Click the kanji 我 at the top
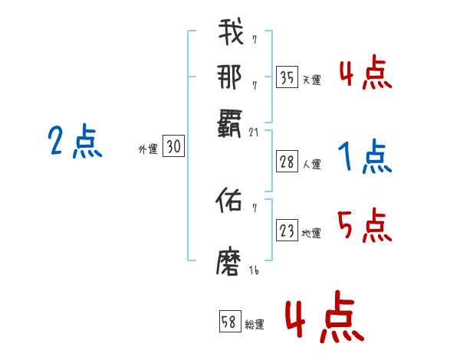[x=231, y=33]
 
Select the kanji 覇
[x=231, y=120]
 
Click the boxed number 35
[x=287, y=77]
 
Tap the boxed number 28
[x=287, y=162]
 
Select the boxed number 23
[x=287, y=231]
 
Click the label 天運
[x=311, y=80]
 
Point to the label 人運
[x=311, y=164]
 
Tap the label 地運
[x=311, y=233]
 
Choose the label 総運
[x=255, y=325]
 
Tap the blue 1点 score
[x=365, y=158]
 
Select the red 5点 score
[x=365, y=226]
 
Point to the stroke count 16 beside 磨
[x=254, y=271]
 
